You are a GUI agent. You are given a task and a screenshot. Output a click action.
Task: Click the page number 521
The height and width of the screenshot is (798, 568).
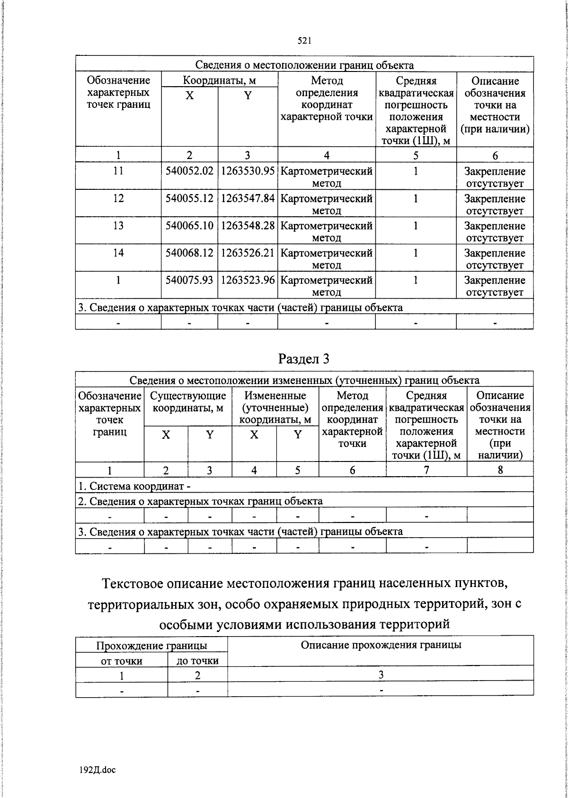304,41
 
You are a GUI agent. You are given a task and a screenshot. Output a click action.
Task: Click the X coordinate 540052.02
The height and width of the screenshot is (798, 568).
189,171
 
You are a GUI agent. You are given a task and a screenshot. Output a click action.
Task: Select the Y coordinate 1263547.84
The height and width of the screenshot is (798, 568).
248,199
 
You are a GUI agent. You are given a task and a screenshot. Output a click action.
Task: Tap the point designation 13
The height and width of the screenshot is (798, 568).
118,226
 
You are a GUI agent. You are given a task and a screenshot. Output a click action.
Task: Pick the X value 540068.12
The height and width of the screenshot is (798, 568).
189,253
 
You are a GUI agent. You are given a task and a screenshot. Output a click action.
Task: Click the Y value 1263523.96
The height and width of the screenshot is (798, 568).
248,280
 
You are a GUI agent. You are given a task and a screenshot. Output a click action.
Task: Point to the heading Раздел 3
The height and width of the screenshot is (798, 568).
303,359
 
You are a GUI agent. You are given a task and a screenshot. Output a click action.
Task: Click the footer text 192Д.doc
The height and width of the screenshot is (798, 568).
98,770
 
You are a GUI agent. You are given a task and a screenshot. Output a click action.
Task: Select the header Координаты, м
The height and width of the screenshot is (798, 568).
219,80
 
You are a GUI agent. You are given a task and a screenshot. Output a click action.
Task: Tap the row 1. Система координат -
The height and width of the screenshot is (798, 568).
134,486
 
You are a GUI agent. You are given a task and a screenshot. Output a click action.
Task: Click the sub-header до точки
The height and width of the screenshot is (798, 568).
197,661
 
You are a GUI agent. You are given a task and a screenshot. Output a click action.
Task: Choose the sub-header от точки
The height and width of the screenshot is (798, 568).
122,661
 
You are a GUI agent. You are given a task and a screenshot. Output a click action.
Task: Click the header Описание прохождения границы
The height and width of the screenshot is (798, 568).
381,645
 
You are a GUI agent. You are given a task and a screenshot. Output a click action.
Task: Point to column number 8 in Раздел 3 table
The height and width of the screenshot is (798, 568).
500,470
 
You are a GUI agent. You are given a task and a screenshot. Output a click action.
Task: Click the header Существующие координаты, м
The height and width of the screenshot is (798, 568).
188,401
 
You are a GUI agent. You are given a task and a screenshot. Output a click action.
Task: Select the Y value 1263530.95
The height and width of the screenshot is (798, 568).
248,171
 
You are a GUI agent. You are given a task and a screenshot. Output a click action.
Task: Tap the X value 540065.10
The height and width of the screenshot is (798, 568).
189,226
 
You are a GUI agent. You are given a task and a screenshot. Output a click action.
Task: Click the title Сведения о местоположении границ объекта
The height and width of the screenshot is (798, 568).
304,65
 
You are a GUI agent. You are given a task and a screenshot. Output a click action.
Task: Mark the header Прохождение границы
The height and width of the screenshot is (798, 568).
151,646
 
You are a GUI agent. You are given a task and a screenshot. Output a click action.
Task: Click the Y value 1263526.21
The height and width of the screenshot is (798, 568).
248,253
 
